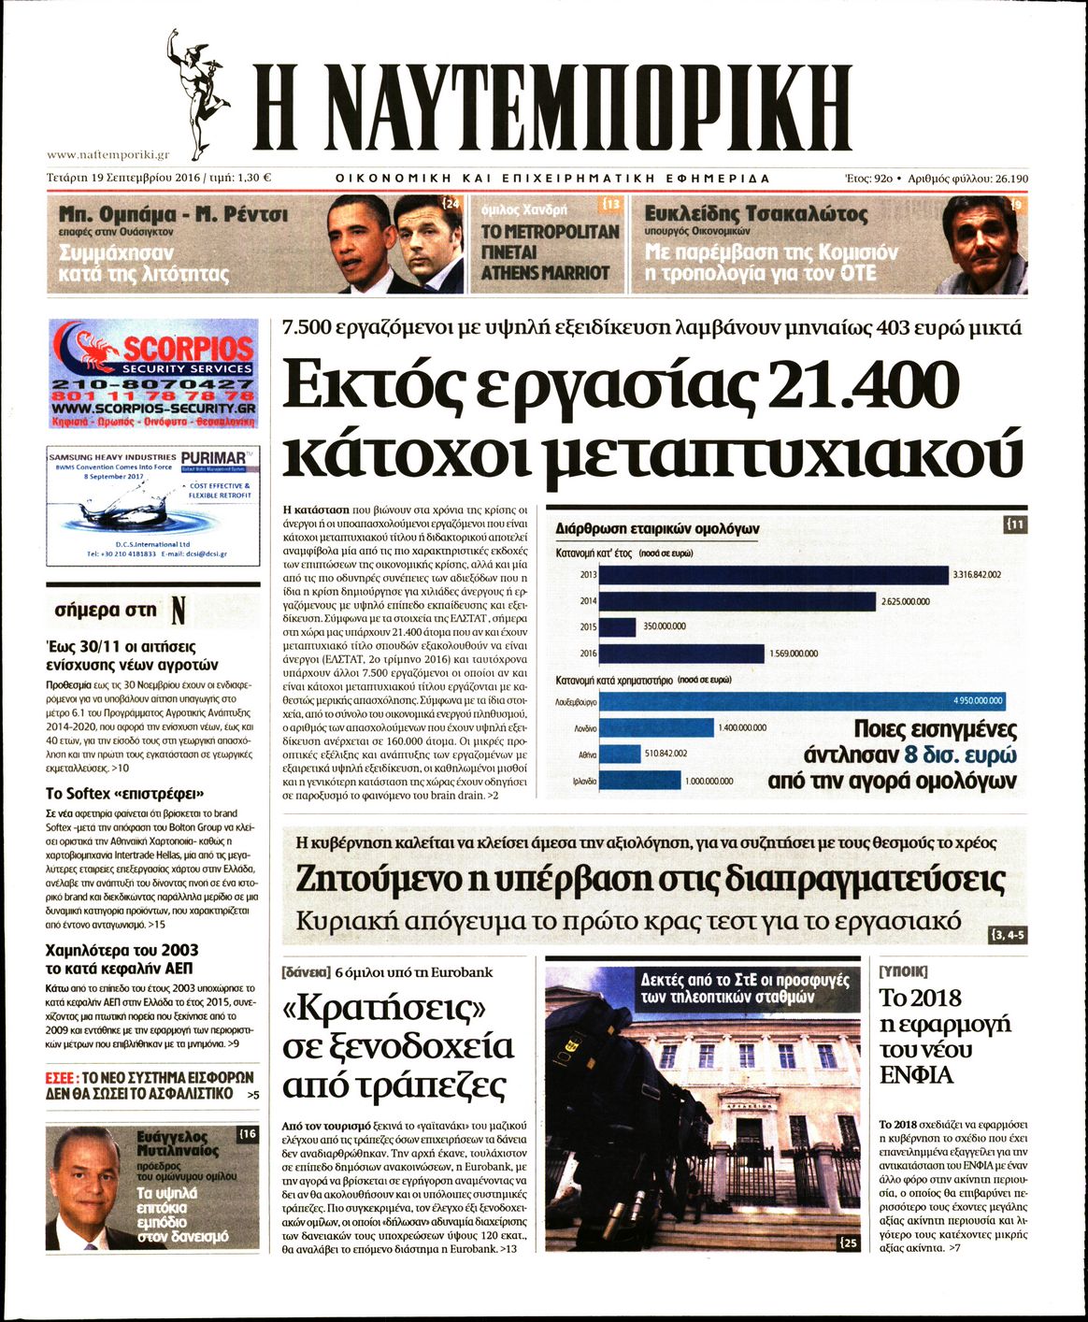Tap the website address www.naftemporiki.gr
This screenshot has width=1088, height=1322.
(107, 155)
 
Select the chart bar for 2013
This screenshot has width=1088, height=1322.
(773, 574)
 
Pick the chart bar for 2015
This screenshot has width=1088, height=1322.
(617, 626)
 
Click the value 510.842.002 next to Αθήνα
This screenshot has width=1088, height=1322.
(666, 754)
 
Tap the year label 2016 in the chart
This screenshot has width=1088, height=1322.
(588, 654)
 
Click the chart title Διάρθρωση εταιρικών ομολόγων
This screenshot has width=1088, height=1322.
(657, 528)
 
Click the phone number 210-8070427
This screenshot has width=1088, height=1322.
(153, 384)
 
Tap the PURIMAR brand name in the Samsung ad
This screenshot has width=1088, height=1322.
(214, 457)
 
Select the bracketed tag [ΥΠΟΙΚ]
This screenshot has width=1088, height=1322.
(904, 971)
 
